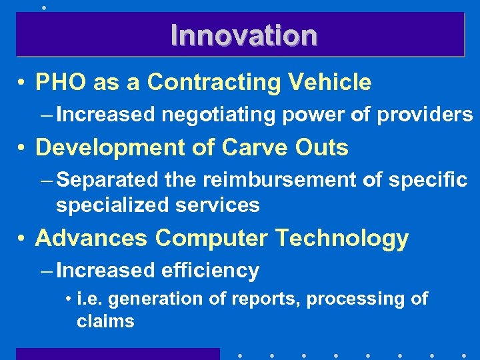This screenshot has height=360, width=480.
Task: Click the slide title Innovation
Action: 243,35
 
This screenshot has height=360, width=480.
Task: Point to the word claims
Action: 105,321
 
